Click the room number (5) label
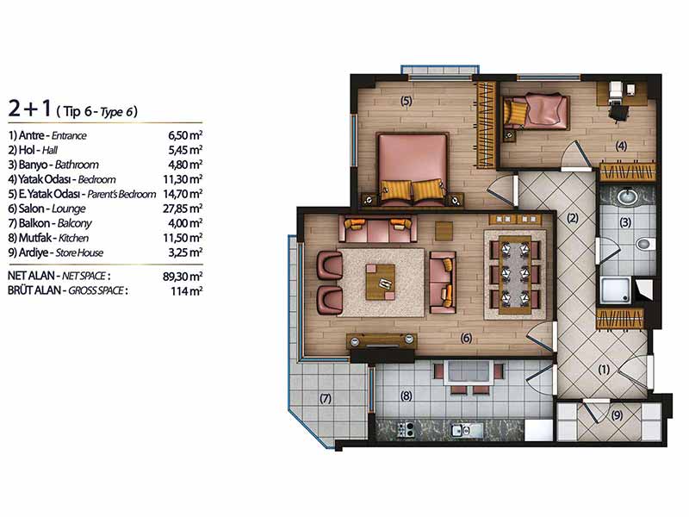406,101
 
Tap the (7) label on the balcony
326,399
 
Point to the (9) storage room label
617,414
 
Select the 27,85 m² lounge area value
183,209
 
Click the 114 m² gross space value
186,291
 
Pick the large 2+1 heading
30,109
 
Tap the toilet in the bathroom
645,244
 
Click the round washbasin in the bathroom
628,196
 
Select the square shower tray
615,290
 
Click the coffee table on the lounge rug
380,282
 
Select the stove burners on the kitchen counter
406,429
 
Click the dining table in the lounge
515,275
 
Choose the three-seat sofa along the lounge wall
377,228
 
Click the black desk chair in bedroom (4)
618,112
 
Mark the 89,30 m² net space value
183,276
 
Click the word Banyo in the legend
33,165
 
